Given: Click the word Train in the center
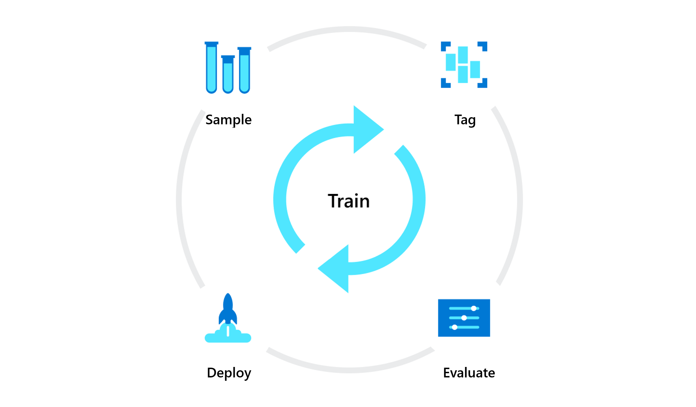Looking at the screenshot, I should (x=349, y=201).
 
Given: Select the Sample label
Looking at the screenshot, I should (x=228, y=120).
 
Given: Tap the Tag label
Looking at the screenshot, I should (x=465, y=120).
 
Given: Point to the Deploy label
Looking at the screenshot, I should (x=229, y=373).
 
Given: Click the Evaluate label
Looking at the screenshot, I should (x=469, y=373).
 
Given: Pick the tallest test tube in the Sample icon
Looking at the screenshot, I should (x=211, y=67).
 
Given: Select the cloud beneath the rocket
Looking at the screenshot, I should (x=228, y=337).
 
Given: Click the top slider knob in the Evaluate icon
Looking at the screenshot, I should (x=474, y=309).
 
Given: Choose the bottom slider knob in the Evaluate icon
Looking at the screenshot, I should (x=455, y=327).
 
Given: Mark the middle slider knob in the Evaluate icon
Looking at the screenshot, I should (x=464, y=318).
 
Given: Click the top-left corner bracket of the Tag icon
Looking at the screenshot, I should (x=445, y=46).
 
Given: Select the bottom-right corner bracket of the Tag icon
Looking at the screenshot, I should (x=483, y=83).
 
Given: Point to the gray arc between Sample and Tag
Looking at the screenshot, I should (x=348, y=29).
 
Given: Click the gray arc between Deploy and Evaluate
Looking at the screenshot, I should (x=350, y=370).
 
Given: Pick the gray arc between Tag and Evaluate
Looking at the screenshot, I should (x=519, y=198).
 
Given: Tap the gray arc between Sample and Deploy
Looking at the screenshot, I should (x=179, y=198).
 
